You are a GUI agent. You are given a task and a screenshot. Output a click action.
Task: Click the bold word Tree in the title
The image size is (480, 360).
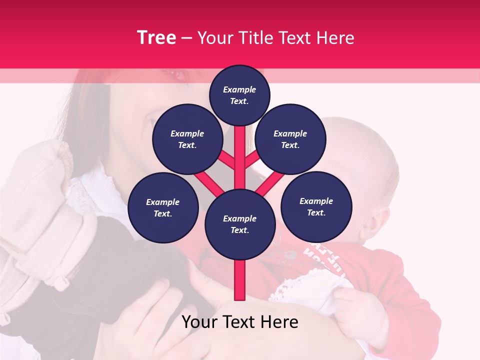point(156,38)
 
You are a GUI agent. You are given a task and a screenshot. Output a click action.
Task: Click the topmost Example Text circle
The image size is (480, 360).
point(239,95)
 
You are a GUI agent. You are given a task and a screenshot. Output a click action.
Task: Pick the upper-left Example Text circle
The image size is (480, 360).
point(187,139)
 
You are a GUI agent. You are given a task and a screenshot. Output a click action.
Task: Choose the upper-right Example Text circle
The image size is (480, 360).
point(290,139)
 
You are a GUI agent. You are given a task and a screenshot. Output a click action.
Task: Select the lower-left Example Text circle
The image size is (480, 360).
point(163,207)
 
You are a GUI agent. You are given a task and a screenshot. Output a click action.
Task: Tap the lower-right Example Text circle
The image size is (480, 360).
point(316,206)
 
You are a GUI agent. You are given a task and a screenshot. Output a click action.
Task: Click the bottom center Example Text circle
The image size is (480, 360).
point(240,224)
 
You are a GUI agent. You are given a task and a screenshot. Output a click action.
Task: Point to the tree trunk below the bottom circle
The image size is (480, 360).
point(240,280)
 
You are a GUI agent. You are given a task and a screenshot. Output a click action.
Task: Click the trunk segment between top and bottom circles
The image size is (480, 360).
point(240,157)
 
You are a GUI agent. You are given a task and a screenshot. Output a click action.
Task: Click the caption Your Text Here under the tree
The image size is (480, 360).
point(240,322)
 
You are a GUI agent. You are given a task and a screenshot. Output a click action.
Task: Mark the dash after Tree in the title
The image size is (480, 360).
point(186,38)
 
